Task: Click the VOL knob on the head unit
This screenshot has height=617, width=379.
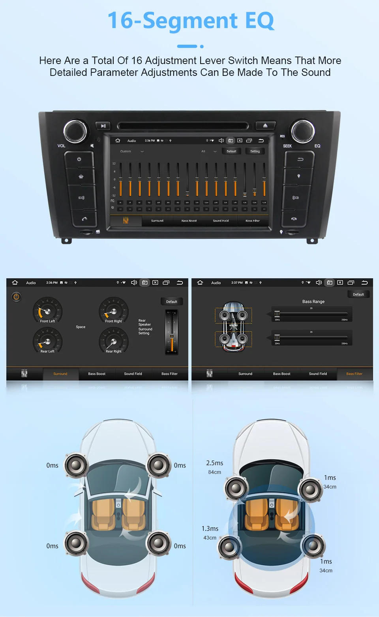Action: pyautogui.click(x=75, y=131)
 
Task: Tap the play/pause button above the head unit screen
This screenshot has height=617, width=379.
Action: pyautogui.click(x=103, y=126)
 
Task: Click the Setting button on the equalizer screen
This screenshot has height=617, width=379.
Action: pyautogui.click(x=255, y=151)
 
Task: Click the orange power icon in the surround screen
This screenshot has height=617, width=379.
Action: pyautogui.click(x=16, y=296)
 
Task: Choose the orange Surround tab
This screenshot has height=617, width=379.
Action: pyautogui.click(x=60, y=374)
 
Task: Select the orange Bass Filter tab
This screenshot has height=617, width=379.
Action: pyautogui.click(x=354, y=374)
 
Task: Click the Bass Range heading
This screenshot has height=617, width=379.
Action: pyautogui.click(x=313, y=302)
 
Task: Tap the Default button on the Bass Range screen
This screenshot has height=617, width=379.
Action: pyautogui.click(x=358, y=294)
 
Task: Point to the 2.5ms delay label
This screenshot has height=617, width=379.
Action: pyautogui.click(x=214, y=463)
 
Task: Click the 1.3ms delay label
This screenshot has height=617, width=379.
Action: pyautogui.click(x=210, y=528)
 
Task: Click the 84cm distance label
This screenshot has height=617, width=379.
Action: pyautogui.click(x=214, y=472)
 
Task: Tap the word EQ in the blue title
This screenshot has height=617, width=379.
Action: pyautogui.click(x=259, y=21)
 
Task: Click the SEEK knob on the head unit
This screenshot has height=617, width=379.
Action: pyautogui.click(x=303, y=131)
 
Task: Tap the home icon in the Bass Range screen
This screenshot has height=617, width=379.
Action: pyautogui.click(x=200, y=283)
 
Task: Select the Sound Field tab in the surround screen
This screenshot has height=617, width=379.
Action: pyautogui.click(x=133, y=374)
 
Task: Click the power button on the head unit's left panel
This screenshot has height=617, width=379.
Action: pyautogui.click(x=79, y=159)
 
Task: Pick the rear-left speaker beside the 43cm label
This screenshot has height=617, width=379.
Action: pyautogui.click(x=229, y=547)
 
